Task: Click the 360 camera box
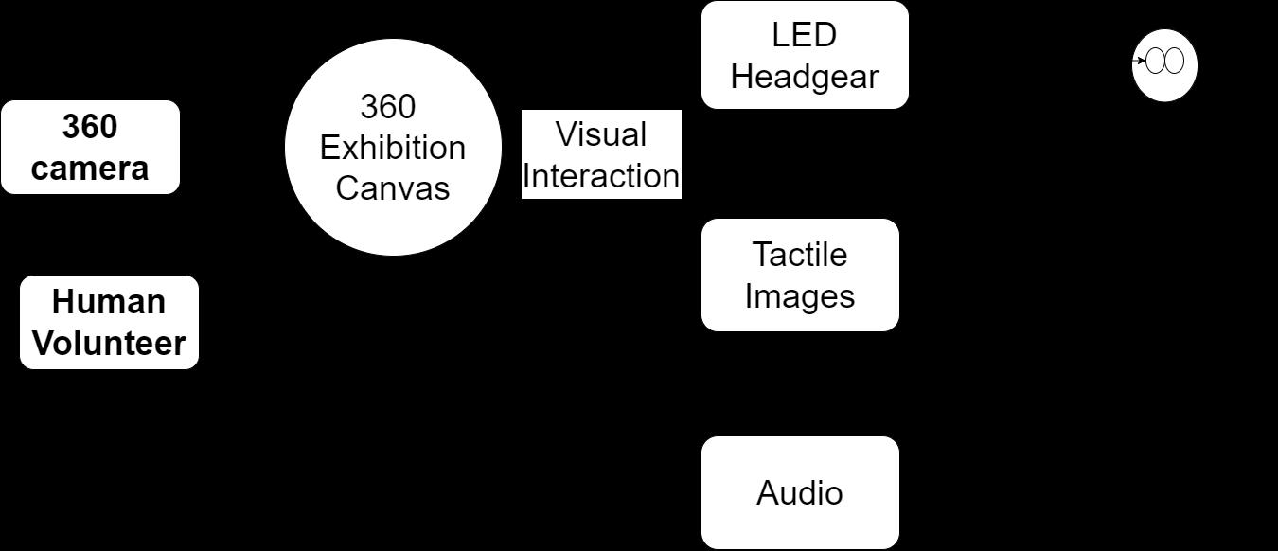coord(90,147)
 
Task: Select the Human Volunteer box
coord(109,322)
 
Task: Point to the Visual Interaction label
coord(601,154)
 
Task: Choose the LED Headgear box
coord(805,55)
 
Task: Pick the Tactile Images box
coord(800,275)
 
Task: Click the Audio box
coord(800,492)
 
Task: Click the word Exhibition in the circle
coord(393,148)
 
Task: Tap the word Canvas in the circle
coord(393,187)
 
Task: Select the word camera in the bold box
coord(90,169)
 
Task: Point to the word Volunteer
coord(109,343)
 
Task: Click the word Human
coord(109,302)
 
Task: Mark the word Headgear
coord(805,77)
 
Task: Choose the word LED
coord(805,35)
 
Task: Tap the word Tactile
coord(800,255)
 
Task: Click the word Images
coord(800,295)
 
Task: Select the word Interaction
coord(601,176)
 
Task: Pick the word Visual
coord(601,134)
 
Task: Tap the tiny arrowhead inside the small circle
coord(1143,62)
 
